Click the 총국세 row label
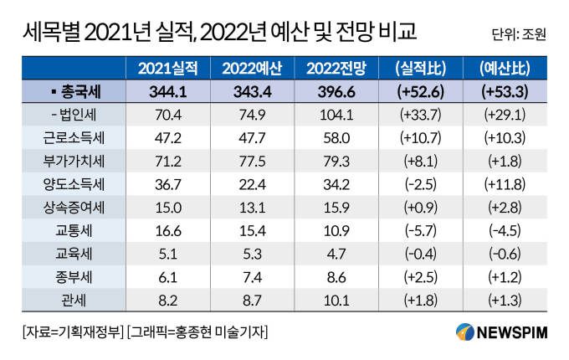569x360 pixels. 72,90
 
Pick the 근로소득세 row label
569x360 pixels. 72,134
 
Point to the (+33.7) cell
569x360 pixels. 417,112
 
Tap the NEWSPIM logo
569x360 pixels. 501,332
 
